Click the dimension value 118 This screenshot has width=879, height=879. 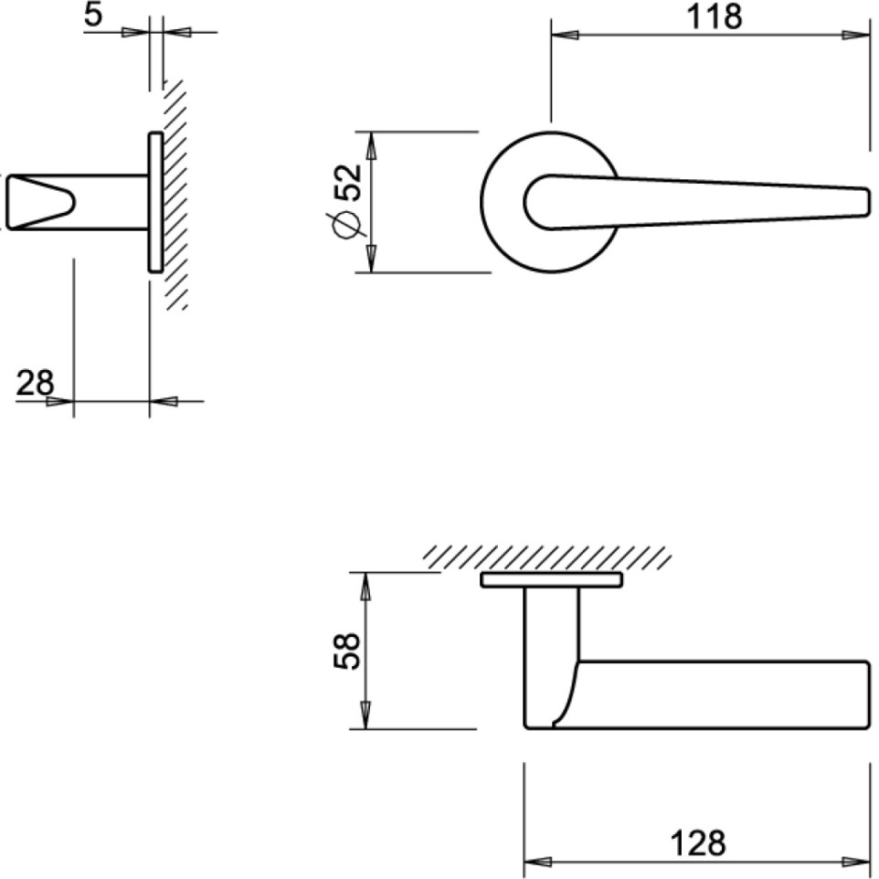pos(716,16)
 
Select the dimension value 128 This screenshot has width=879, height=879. pos(696,842)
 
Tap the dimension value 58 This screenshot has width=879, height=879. pos(345,651)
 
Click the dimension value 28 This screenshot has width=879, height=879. pos(36,382)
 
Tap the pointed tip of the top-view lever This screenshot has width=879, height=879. pos(864,202)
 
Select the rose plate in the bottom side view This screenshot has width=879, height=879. pos(551,580)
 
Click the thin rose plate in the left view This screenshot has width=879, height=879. pos(155,202)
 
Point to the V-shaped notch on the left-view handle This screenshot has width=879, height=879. pos(46,201)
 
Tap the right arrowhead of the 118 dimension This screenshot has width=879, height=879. pos(858,35)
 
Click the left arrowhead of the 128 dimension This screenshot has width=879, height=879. pos(535,861)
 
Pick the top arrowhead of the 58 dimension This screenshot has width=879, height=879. pos(365,585)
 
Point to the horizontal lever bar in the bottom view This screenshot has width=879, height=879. pos(722,694)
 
